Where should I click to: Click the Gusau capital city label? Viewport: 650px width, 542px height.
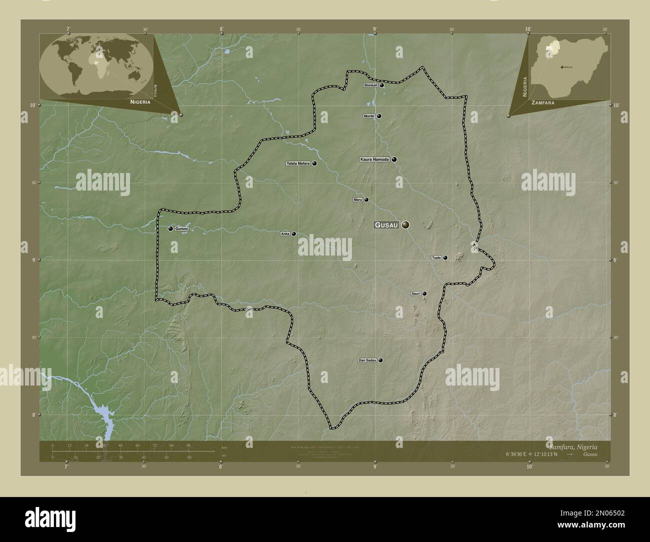click(386, 225)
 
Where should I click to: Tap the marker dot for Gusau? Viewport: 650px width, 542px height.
click(405, 225)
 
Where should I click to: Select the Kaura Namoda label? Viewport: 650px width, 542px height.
click(374, 159)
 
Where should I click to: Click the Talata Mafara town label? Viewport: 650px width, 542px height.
click(298, 163)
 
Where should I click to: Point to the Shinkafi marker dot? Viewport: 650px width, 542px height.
click(381, 85)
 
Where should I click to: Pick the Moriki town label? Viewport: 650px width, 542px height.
click(369, 116)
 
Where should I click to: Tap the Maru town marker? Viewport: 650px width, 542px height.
click(366, 200)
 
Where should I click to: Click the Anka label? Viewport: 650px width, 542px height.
click(285, 233)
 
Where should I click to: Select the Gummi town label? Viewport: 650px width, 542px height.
click(181, 228)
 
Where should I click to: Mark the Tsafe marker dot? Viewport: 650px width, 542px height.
click(445, 258)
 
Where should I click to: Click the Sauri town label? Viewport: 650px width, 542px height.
click(415, 293)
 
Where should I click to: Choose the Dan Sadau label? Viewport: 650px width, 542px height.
click(367, 360)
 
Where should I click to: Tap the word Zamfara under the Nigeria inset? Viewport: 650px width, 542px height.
click(542, 102)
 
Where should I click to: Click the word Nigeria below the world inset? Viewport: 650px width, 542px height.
click(139, 101)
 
